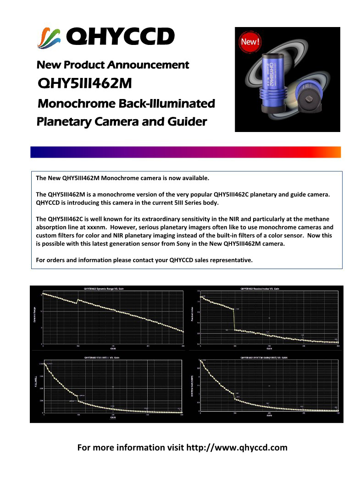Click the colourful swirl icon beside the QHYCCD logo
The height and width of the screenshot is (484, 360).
[x=49, y=36]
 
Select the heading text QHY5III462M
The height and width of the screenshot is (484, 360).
[x=85, y=83]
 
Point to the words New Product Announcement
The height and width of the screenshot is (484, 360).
[x=112, y=65]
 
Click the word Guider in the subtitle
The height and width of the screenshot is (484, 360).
[x=184, y=122]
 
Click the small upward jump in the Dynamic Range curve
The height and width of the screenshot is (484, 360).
[x=78, y=301]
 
